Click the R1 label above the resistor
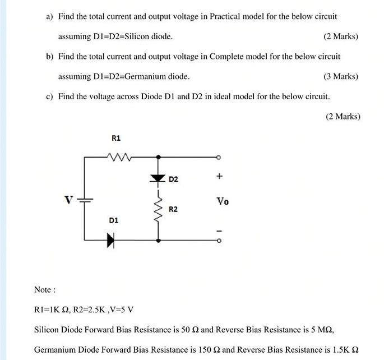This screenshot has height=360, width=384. tap(116, 138)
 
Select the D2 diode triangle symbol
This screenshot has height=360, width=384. tap(158, 178)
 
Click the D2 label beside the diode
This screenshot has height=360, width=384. tap(173, 179)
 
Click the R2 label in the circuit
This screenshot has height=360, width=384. tap(173, 209)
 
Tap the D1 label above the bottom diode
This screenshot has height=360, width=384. tap(113, 221)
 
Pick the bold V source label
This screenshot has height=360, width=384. tap(68, 200)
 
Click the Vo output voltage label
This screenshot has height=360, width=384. tap(222, 201)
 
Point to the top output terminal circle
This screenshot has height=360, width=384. tap(219, 158)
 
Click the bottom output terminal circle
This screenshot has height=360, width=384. tap(219, 241)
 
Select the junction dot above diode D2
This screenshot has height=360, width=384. tap(158, 158)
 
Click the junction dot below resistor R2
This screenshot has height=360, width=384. tap(158, 241)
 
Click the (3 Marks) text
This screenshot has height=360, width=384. tap(341, 76)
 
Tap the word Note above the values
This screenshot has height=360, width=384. tap(44, 290)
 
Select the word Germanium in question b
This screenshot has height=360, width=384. tap(141, 76)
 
